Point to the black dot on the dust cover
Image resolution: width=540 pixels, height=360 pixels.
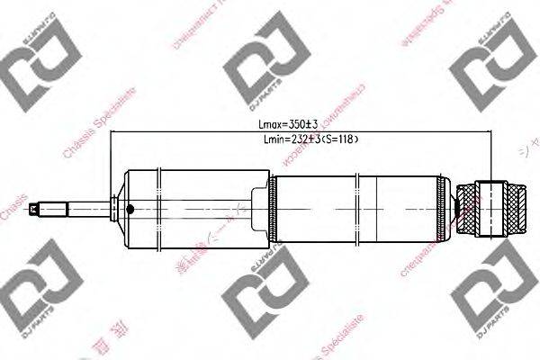[x=130, y=209]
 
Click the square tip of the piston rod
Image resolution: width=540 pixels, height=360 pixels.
[x=35, y=209]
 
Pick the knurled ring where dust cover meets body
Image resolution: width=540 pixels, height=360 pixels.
[x=273, y=208]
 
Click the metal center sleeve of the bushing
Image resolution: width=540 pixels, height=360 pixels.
[x=491, y=208]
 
